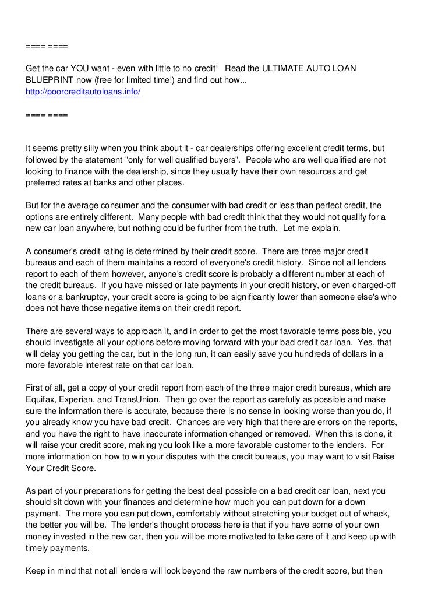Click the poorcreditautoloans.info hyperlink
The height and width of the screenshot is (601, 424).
tap(83, 92)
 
